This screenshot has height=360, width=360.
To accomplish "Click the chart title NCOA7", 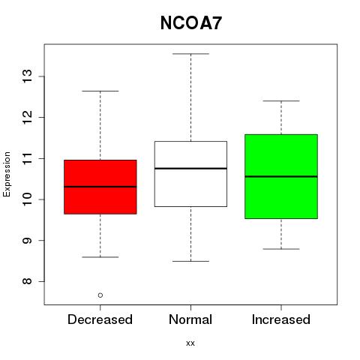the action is pyautogui.click(x=191, y=23).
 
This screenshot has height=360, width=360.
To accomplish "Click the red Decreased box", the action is pyautogui.click(x=100, y=187).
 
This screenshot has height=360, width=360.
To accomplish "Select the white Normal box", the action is pyautogui.click(x=190, y=174).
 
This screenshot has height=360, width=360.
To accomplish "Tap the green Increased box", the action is pyautogui.click(x=281, y=176).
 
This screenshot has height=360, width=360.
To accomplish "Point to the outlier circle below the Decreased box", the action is pyautogui.click(x=100, y=295).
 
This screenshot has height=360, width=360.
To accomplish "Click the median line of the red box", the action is pyautogui.click(x=100, y=187).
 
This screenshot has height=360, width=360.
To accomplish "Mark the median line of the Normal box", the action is pyautogui.click(x=190, y=168).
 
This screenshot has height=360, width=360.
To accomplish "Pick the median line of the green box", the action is pyautogui.click(x=281, y=176).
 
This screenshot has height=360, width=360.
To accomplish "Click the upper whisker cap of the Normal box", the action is pyautogui.click(x=190, y=54).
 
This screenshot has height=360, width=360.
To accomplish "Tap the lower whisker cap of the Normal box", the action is pyautogui.click(x=190, y=261).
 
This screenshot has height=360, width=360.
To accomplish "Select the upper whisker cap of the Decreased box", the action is pyautogui.click(x=100, y=91).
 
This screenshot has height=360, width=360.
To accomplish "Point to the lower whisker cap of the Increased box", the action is pyautogui.click(x=281, y=249).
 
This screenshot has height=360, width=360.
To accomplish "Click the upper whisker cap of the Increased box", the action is pyautogui.click(x=281, y=101).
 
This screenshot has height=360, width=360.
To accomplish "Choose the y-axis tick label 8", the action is pyautogui.click(x=28, y=281).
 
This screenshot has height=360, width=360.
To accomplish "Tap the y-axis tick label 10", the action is pyautogui.click(x=28, y=199).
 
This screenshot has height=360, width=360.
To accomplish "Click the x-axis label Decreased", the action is pyautogui.click(x=100, y=319).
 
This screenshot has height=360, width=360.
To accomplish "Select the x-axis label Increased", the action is pyautogui.click(x=281, y=319).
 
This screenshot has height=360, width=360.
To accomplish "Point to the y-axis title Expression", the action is pyautogui.click(x=7, y=174).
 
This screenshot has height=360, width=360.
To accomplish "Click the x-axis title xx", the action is pyautogui.click(x=190, y=343).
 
